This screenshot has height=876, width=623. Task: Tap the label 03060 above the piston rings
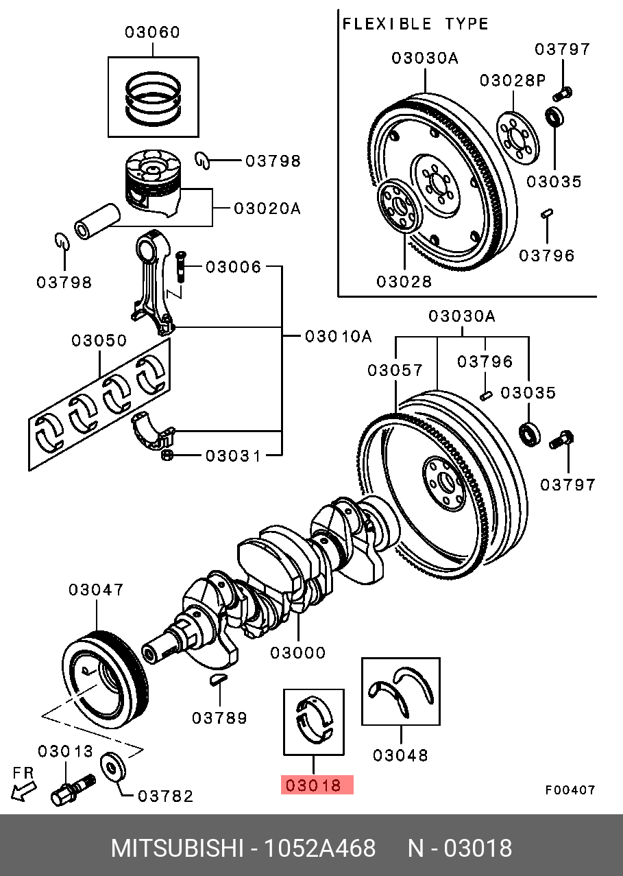151,32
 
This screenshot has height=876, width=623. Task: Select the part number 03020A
267,208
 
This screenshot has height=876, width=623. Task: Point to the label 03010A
338,336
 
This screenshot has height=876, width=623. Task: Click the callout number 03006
233,267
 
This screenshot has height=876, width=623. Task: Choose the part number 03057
395,370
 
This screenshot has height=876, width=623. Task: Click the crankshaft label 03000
297,653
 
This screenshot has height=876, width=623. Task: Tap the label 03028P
512,80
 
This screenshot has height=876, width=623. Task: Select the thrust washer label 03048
400,755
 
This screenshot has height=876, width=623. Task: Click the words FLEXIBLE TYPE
415,24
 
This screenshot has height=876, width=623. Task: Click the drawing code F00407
570,790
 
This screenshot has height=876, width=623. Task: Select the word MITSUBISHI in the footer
177,849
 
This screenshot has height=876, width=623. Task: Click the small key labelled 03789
217,680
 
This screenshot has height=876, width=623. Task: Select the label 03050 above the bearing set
99,341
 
